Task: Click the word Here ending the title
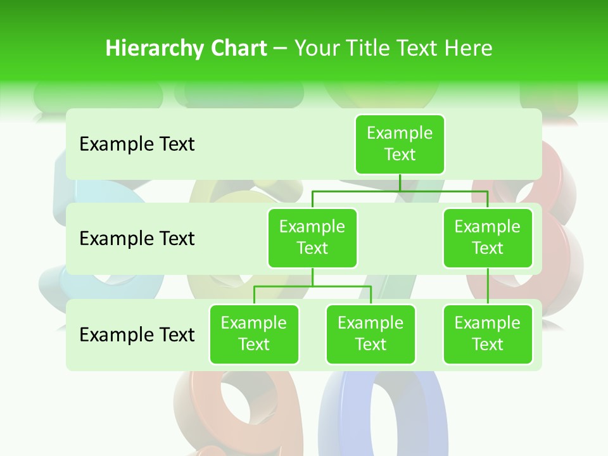[x=469, y=49]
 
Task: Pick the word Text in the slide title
[x=419, y=49]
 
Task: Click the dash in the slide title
[x=281, y=49]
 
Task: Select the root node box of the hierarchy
[x=400, y=144]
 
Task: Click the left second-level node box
[x=312, y=237]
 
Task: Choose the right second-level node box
[x=488, y=237]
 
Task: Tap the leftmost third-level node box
[x=254, y=334]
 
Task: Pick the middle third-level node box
[x=370, y=334]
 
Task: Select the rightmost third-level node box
[x=488, y=334]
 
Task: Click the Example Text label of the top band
[x=137, y=144]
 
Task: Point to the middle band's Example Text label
[x=137, y=239]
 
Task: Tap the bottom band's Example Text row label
[x=137, y=334]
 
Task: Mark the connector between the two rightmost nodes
[x=488, y=286]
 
